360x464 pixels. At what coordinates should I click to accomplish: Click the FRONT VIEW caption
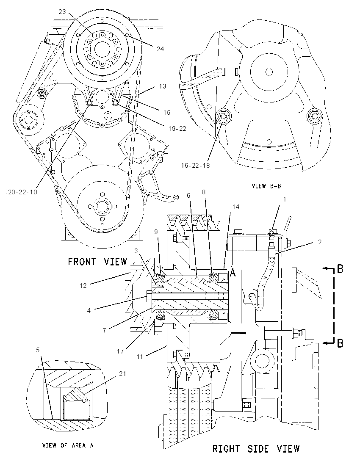tap(97, 262)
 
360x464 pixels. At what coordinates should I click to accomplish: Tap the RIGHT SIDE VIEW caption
tap(256, 449)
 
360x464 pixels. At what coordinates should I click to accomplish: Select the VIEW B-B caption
tap(266, 186)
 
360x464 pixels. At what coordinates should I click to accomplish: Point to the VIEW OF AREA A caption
tap(68, 445)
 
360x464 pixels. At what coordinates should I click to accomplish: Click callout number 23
tap(62, 11)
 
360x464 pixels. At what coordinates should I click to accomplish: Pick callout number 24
tap(160, 49)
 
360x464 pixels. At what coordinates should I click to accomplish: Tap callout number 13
tap(163, 86)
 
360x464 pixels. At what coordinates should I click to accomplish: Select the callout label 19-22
tap(177, 128)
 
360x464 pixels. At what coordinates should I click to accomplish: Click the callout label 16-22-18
tap(195, 166)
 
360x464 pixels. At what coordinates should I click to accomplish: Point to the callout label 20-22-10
tap(22, 192)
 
